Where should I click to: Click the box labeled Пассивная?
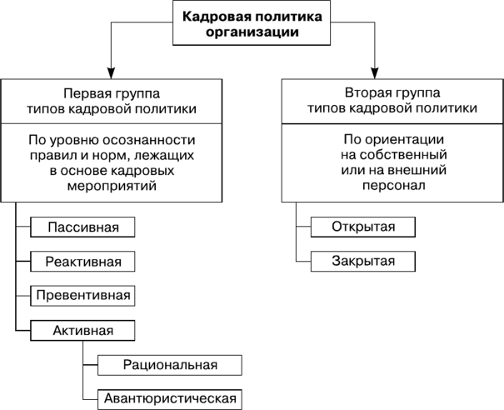click(x=82, y=227)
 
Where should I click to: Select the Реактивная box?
click(x=82, y=262)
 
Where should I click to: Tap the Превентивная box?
click(x=82, y=296)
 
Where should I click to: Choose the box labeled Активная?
click(x=82, y=330)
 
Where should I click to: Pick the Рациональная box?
click(x=170, y=365)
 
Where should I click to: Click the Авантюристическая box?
click(x=170, y=399)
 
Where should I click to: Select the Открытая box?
click(x=363, y=227)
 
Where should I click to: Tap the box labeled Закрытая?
click(x=363, y=261)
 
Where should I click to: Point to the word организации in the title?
click(x=252, y=32)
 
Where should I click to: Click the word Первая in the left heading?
click(x=84, y=93)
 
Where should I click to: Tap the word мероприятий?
click(x=112, y=186)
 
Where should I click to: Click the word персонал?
click(x=394, y=185)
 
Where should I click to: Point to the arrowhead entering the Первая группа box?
click(x=112, y=73)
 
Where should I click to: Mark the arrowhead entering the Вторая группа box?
click(x=375, y=73)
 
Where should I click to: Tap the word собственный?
click(x=403, y=155)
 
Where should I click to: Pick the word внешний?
click(x=417, y=170)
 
